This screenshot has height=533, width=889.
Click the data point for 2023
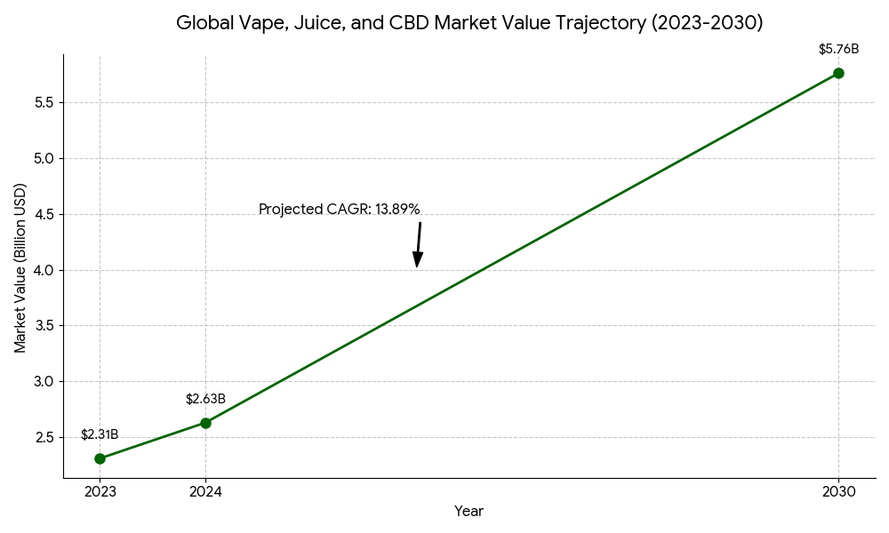(x=100, y=458)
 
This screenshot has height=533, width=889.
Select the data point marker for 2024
(x=205, y=423)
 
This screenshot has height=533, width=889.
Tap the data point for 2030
(x=838, y=73)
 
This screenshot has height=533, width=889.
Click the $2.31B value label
(x=100, y=435)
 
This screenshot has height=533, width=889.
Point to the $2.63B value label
(x=205, y=400)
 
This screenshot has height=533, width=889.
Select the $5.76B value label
(x=838, y=50)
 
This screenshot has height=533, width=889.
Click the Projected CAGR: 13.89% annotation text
(x=339, y=210)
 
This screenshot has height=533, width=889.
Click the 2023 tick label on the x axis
(x=100, y=491)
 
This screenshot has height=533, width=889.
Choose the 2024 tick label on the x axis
(x=205, y=491)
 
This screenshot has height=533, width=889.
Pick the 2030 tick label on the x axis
(x=838, y=491)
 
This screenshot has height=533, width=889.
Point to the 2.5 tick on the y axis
(x=44, y=437)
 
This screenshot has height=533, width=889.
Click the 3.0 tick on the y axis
(x=44, y=381)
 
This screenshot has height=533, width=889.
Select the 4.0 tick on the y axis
(x=44, y=270)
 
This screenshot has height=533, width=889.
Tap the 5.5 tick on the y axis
(x=44, y=102)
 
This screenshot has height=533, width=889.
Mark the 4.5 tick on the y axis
(x=44, y=214)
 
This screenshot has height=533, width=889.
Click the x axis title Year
(x=469, y=512)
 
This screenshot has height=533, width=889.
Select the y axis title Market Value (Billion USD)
(x=20, y=267)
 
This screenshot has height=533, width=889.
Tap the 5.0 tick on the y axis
(x=44, y=158)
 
